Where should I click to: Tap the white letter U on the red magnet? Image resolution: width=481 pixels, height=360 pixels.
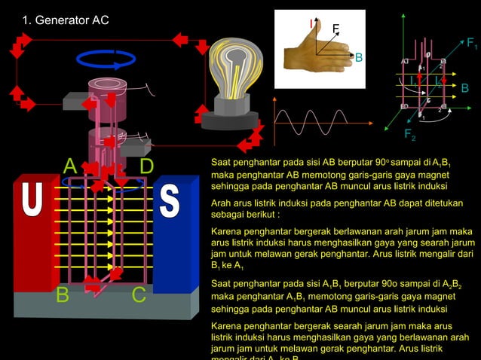tap(32, 203)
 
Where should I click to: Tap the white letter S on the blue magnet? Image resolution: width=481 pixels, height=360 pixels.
tap(170, 203)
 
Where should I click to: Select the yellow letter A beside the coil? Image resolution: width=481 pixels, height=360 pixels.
tap(70, 166)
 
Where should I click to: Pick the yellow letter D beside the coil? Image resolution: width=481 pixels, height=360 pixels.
tap(147, 166)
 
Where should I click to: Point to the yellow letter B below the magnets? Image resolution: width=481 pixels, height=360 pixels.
tap(64, 296)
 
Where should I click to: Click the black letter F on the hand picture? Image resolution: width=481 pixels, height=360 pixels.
tap(335, 29)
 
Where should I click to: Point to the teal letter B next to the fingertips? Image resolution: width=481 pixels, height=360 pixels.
tap(358, 58)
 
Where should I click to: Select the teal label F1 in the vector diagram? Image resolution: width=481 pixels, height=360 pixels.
tap(471, 44)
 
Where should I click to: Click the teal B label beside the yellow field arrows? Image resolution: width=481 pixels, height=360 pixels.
tap(464, 89)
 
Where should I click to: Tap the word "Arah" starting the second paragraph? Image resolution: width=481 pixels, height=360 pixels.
tap(223, 203)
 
